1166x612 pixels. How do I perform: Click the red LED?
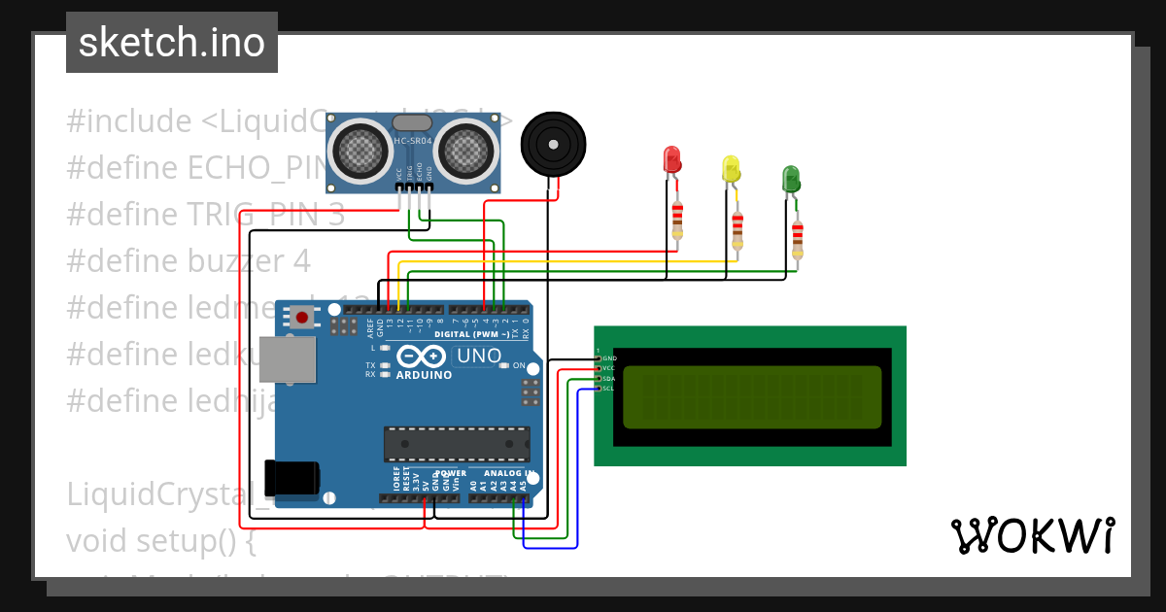[671, 160]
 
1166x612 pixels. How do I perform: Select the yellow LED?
[731, 169]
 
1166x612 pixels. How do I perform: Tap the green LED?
[791, 179]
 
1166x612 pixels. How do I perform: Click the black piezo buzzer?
[555, 143]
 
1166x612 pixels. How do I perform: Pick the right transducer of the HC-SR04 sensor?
[463, 150]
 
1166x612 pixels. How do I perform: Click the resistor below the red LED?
[677, 220]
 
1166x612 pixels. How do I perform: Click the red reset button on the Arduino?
[303, 317]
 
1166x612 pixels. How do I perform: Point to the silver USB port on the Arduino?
[289, 360]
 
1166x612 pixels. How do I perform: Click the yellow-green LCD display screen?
[752, 397]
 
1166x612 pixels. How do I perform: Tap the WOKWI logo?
[1032, 535]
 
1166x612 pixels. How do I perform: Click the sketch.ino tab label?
[172, 43]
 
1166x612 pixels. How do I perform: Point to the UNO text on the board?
[478, 357]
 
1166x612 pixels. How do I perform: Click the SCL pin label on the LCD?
[608, 389]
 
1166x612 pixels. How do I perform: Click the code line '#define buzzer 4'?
[189, 261]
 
